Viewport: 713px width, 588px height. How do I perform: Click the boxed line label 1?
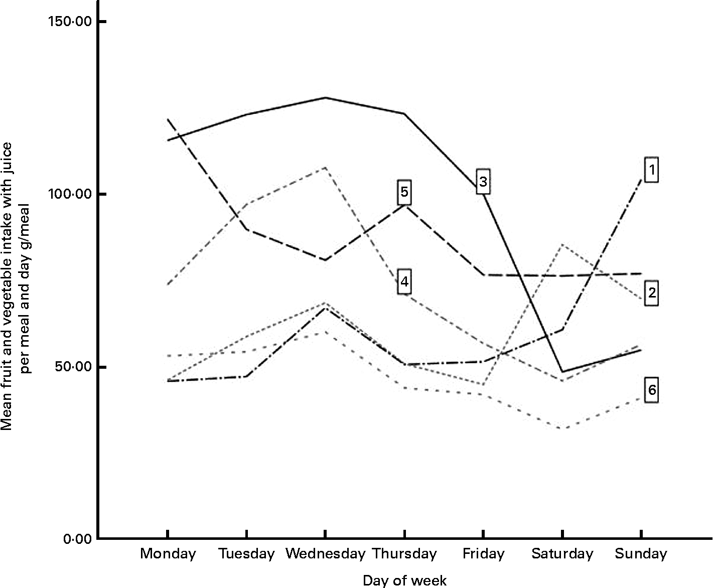coord(651,171)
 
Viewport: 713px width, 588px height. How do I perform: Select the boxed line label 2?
coord(651,292)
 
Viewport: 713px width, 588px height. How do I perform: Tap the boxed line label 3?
coord(483,181)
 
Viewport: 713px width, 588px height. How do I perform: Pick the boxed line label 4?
coord(404,282)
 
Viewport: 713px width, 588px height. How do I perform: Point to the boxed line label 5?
coord(404,192)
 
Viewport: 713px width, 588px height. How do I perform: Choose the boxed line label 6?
coord(651,390)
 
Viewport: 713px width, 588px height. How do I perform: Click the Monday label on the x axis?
coord(168,554)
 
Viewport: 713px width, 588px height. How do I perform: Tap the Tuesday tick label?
coord(246,554)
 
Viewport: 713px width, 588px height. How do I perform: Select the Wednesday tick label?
coord(325,554)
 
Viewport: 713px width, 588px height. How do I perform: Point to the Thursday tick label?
coord(404,554)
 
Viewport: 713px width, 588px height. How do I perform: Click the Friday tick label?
coord(483,554)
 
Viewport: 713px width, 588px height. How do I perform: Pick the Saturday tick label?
coord(562,554)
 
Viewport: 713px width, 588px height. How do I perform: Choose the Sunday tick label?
coord(641,554)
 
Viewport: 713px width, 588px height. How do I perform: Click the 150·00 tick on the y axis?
coord(70,22)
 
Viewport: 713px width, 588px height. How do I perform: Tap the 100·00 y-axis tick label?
coord(70,194)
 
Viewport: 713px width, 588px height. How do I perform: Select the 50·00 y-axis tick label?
coord(73,367)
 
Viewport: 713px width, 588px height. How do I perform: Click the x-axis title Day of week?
coord(404,580)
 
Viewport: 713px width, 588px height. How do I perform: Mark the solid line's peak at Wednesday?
coord(325,98)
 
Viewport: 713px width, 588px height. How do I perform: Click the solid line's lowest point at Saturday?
coord(562,372)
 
